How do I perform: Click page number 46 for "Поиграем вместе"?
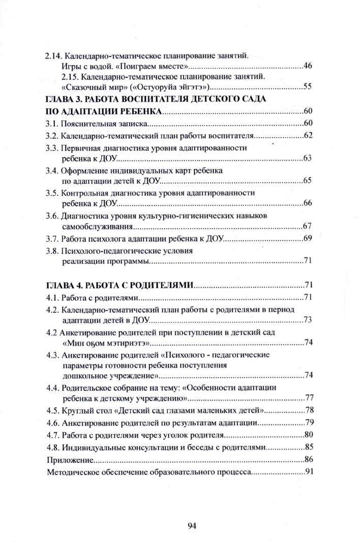(x=308, y=66)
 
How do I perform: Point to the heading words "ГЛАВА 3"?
(x=64, y=99)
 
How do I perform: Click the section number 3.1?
(x=52, y=123)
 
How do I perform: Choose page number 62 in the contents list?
(x=308, y=136)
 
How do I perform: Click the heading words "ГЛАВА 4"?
(x=64, y=285)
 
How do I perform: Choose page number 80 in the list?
(x=308, y=435)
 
